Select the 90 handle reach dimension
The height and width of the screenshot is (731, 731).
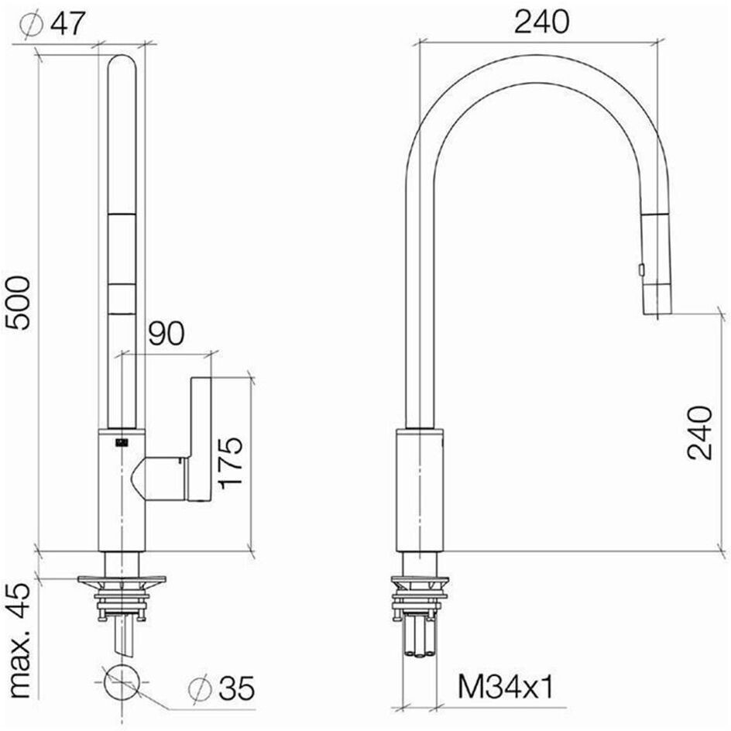click(x=166, y=333)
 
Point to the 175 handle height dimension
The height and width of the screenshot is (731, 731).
click(x=231, y=462)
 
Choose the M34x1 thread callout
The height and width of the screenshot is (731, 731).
click(x=506, y=687)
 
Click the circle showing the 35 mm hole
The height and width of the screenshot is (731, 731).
click(x=122, y=681)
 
